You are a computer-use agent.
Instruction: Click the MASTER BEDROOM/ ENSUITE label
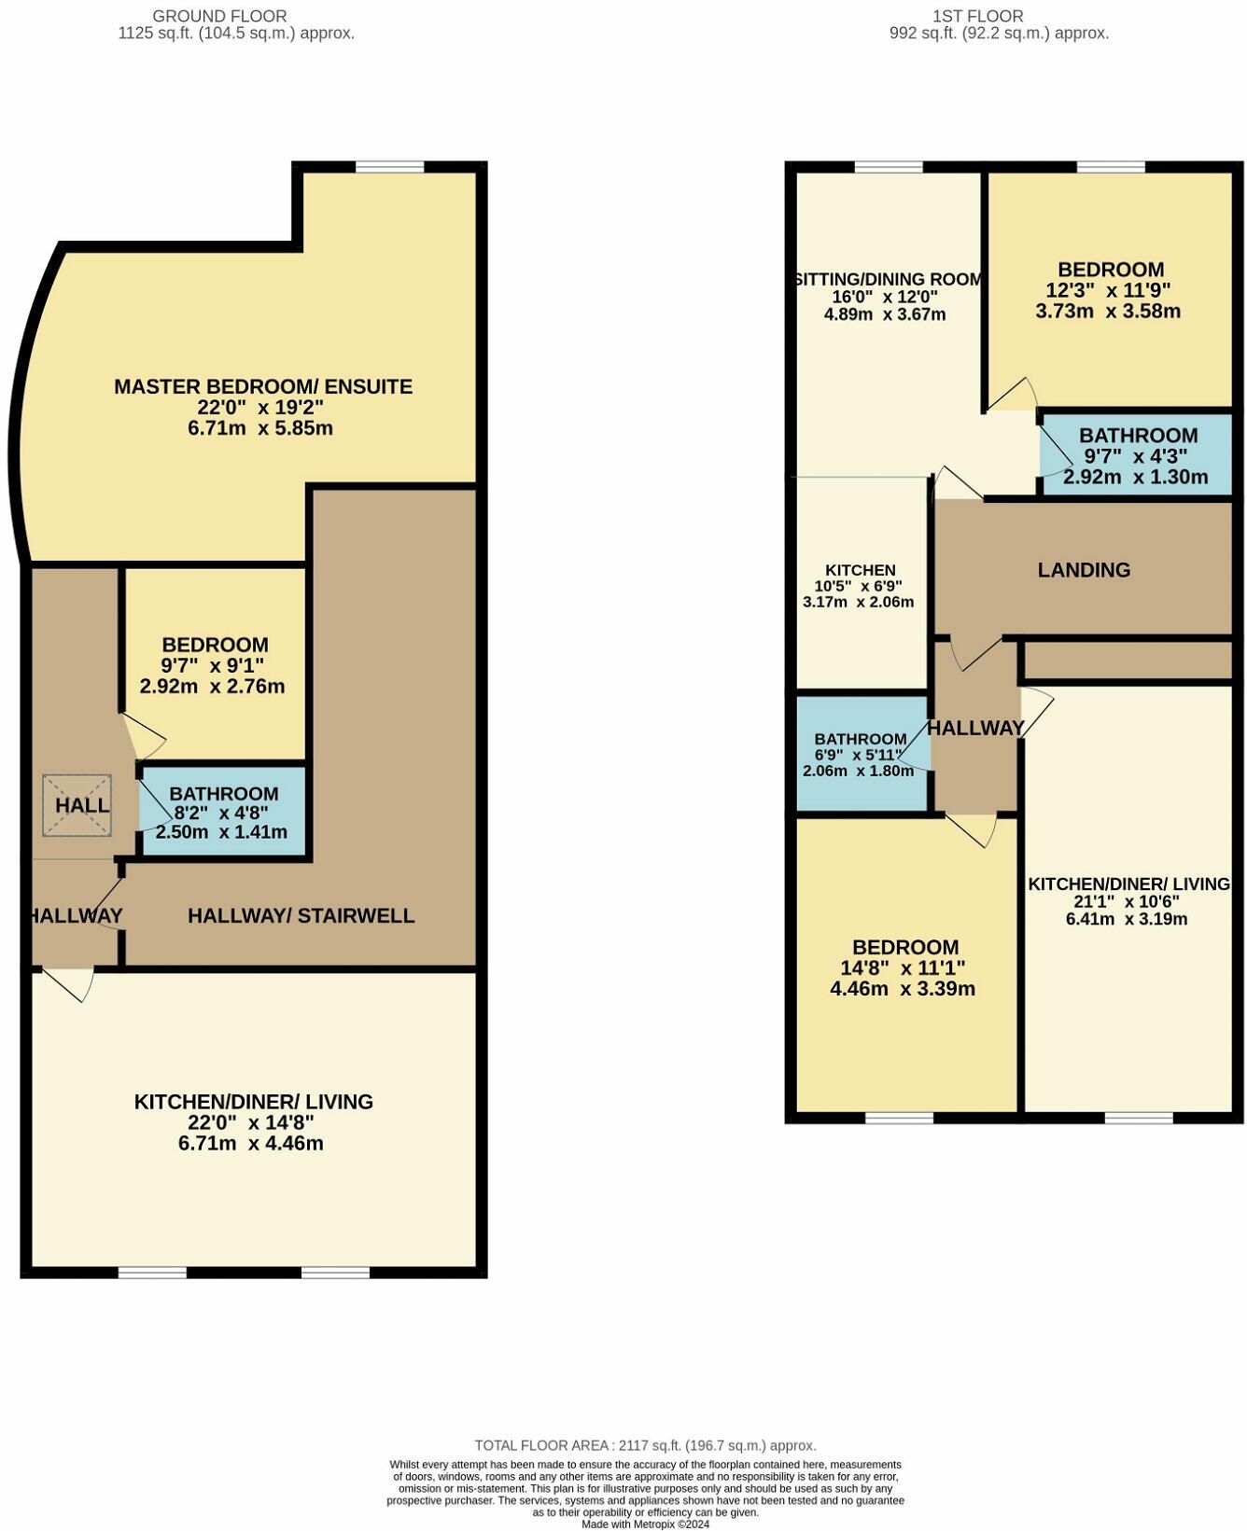click(x=262, y=386)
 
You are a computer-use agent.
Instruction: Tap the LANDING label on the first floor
click(x=1084, y=570)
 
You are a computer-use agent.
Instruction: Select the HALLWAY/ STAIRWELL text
click(x=301, y=916)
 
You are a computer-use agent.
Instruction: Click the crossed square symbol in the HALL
click(x=77, y=805)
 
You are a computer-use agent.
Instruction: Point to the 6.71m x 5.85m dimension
click(x=260, y=428)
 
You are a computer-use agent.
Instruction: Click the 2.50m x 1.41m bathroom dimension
click(x=221, y=832)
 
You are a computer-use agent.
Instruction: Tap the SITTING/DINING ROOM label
click(x=888, y=279)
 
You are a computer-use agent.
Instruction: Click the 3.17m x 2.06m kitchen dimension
click(x=858, y=602)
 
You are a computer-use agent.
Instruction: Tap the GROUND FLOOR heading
click(x=219, y=16)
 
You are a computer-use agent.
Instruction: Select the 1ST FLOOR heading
click(x=977, y=16)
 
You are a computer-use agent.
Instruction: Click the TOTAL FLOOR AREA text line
click(x=645, y=1445)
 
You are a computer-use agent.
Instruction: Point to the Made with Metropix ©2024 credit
click(x=645, y=1524)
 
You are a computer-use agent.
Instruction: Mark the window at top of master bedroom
click(x=389, y=167)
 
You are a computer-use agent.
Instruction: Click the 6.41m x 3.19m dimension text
click(x=1126, y=919)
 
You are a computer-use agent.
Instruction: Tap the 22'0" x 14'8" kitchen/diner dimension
click(x=251, y=1122)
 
